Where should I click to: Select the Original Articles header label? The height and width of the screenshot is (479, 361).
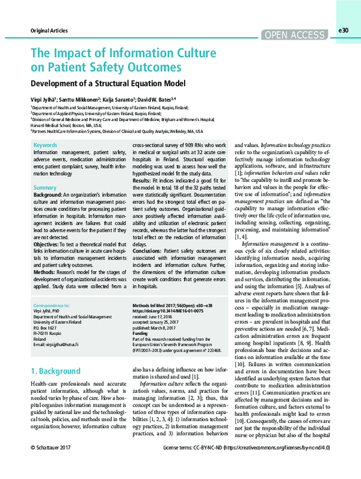point(49,31)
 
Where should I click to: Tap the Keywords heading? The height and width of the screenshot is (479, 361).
point(46,146)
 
